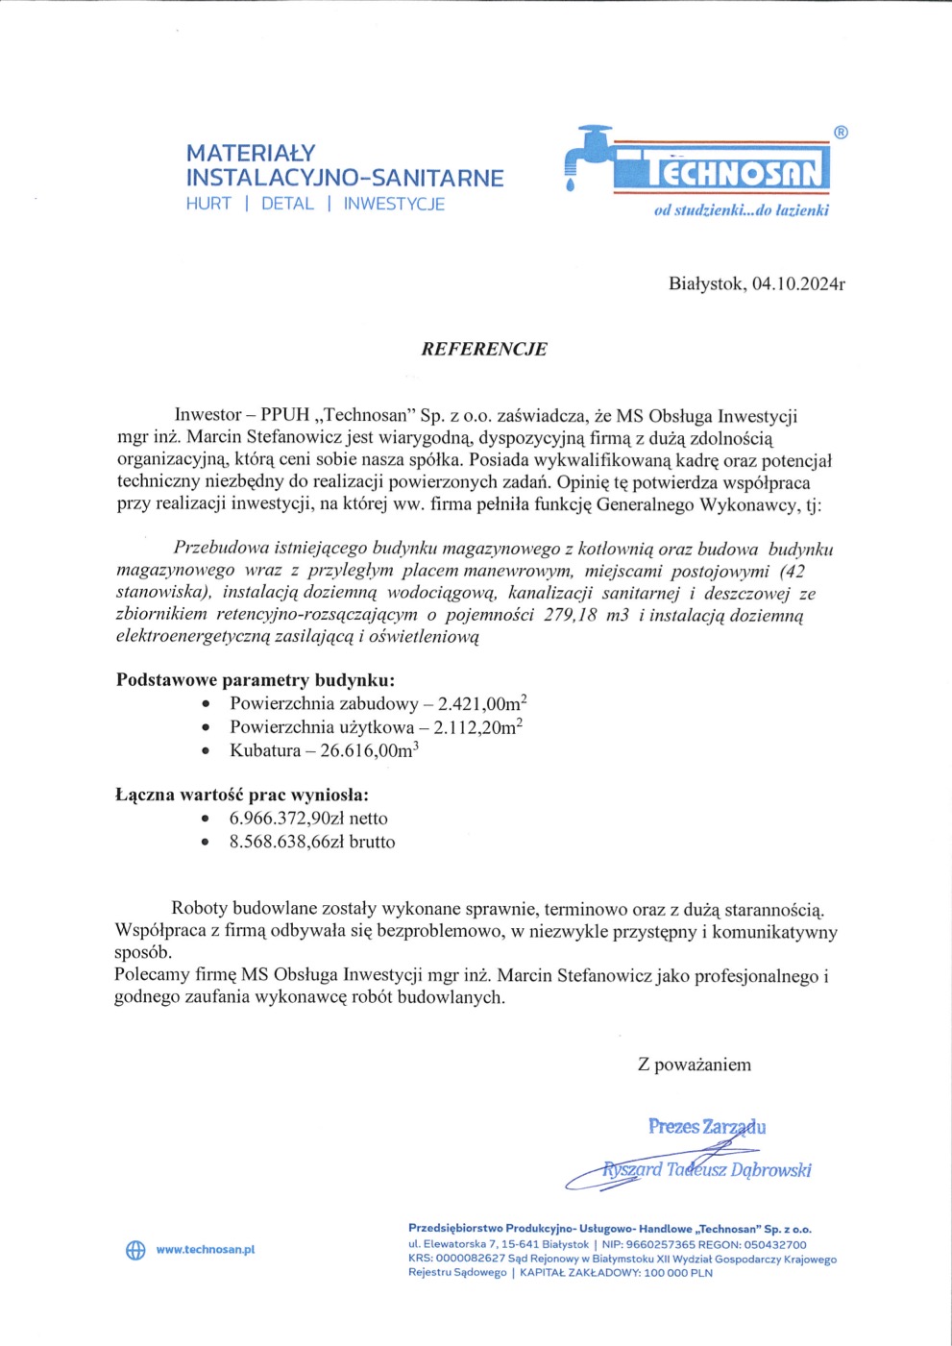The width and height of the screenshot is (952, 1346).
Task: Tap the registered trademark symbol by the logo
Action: click(841, 133)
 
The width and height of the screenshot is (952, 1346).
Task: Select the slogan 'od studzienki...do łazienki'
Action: click(741, 210)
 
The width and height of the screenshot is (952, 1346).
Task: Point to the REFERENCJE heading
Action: click(484, 349)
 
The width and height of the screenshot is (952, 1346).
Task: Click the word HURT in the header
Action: click(208, 204)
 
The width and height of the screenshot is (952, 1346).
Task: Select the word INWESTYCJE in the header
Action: click(394, 204)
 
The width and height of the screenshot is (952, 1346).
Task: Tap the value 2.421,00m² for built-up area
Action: click(482, 703)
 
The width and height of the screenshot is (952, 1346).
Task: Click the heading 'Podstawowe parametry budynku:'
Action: click(256, 679)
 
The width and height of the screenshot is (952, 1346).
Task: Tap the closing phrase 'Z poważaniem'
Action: click(695, 1065)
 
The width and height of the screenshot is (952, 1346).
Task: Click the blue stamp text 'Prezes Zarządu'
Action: click(707, 1126)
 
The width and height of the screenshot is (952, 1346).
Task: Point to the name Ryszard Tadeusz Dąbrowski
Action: click(707, 1169)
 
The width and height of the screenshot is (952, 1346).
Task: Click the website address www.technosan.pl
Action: click(205, 1250)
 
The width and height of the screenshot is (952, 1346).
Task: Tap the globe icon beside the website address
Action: click(135, 1250)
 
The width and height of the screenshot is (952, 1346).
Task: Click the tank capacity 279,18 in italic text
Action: click(571, 615)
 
